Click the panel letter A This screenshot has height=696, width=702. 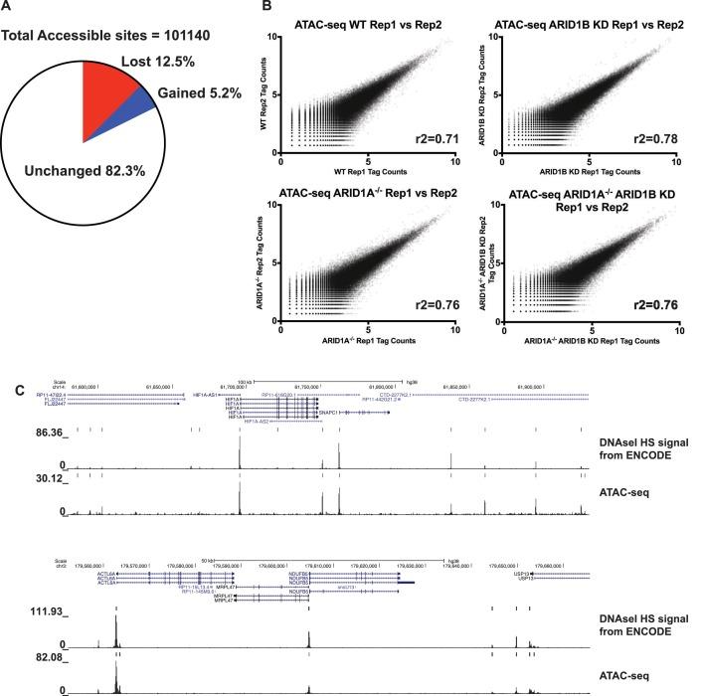click(x=9, y=8)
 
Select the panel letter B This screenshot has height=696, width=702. click(x=263, y=8)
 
